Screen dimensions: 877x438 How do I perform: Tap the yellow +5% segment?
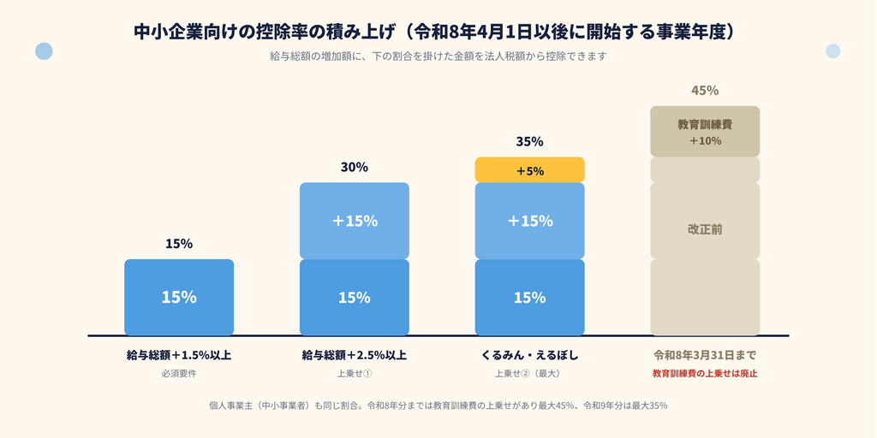click(529, 170)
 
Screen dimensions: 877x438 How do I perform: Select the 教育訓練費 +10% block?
click(705, 131)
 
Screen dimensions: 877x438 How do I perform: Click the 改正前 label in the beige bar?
click(705, 229)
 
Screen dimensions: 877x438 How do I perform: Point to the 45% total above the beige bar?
click(705, 91)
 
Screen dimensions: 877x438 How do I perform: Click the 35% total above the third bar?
click(529, 141)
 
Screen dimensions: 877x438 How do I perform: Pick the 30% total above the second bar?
click(355, 167)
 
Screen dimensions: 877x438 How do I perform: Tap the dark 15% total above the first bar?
click(179, 244)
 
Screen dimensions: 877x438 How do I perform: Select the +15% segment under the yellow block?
click(529, 221)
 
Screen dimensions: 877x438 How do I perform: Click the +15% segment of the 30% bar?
click(355, 221)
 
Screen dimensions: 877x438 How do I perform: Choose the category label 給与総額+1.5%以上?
click(179, 355)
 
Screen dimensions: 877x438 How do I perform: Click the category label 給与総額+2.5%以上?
click(355, 355)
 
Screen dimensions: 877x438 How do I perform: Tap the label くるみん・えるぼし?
click(529, 355)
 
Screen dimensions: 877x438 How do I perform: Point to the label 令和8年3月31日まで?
click(705, 355)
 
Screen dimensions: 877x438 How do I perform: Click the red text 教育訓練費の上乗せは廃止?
click(705, 373)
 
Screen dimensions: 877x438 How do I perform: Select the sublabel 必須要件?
click(179, 374)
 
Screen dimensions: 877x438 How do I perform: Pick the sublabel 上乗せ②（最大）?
click(529, 374)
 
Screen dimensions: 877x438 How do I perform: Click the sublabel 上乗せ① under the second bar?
click(355, 374)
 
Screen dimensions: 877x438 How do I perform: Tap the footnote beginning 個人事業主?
click(438, 405)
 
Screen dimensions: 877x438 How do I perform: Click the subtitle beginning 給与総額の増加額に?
click(438, 56)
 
